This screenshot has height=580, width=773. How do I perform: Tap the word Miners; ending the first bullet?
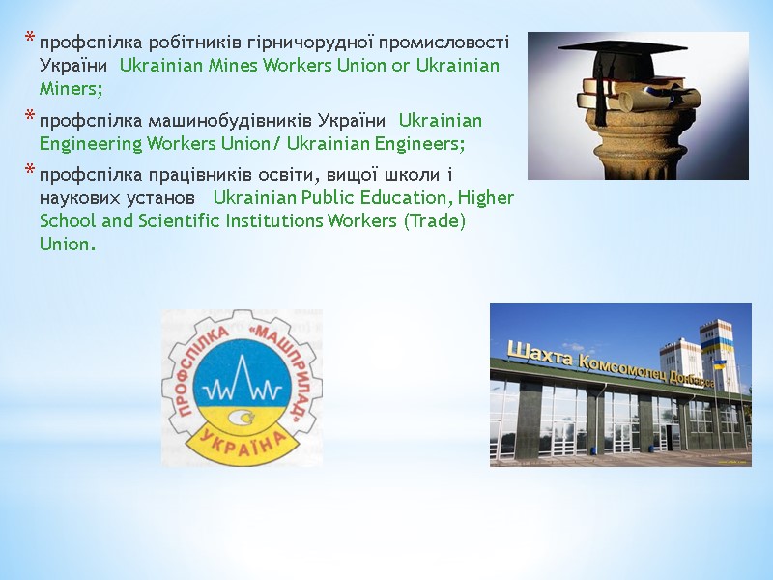(71, 88)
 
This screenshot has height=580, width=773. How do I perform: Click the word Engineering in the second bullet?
(90, 144)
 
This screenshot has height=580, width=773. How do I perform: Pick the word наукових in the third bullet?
(79, 198)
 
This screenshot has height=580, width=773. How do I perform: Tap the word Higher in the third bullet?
(486, 198)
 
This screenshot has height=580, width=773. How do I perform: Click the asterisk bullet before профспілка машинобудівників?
(29, 119)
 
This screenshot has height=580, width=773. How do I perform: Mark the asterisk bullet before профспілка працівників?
(29, 173)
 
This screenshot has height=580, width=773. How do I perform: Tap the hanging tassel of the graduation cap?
(600, 97)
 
